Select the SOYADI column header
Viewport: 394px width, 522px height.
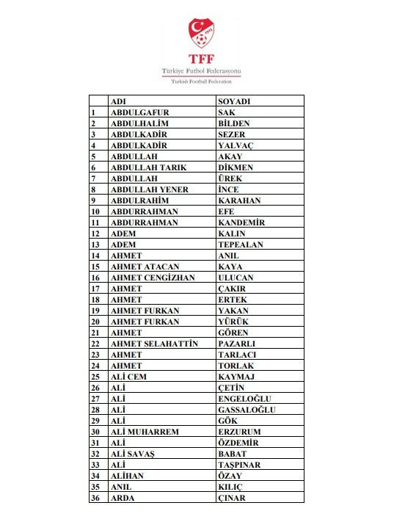pos(234,101)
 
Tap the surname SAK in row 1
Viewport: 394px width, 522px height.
pos(227,112)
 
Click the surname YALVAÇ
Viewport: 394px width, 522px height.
pos(236,145)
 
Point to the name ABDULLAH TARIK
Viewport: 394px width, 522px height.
pos(148,167)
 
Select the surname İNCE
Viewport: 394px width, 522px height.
pos(229,189)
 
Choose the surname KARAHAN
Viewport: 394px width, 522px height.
pos(239,200)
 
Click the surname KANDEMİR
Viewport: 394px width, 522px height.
pos(241,222)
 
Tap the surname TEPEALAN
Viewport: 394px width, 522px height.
pos(240,244)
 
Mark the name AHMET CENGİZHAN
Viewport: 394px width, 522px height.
pos(153,278)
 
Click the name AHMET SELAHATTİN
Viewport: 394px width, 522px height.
pos(154,344)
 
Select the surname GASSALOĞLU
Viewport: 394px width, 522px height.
pos(247,410)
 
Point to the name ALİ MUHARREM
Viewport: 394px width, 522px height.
pos(145,432)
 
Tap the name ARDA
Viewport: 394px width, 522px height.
pos(123,498)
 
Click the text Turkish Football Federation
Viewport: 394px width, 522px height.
pos(201,81)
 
